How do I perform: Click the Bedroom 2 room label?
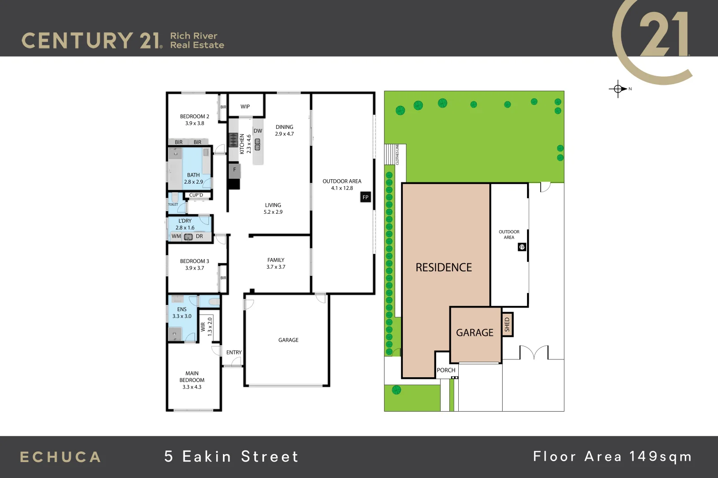point(194,120)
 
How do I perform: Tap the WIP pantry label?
point(245,107)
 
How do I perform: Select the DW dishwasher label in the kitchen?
point(258,131)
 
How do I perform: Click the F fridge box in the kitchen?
point(234,170)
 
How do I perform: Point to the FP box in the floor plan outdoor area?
point(365,197)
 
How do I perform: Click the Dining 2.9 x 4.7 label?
point(284,130)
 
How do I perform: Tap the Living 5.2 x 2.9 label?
point(273,208)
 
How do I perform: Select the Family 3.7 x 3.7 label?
point(276,263)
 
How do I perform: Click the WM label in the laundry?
point(176,236)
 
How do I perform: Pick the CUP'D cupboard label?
point(196,195)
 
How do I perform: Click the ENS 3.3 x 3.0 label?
point(182,312)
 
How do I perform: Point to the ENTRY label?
point(234,353)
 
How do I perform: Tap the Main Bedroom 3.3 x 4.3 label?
point(192,380)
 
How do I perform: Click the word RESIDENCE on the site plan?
point(444,267)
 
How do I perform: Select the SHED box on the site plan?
point(507,325)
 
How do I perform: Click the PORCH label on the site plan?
point(446,370)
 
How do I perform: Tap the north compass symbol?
point(618,89)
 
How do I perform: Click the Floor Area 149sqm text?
point(612,456)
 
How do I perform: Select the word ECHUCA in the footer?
point(60,457)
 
